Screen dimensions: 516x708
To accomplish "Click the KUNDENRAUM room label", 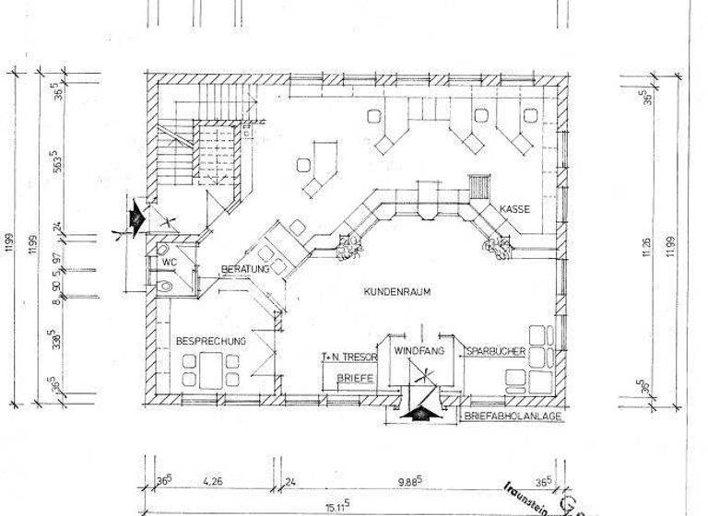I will [398, 291].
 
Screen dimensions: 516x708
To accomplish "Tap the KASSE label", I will [514, 210].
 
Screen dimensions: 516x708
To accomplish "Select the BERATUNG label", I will [244, 269].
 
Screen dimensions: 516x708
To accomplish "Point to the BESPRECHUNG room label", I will [211, 342].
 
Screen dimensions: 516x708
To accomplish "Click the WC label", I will [169, 262].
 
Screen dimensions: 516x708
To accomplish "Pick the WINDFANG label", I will [420, 352].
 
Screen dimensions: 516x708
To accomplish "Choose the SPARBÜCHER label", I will [496, 352].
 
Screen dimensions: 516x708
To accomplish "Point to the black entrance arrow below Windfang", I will [421, 412].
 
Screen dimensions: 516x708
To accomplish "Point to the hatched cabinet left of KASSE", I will [478, 186].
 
